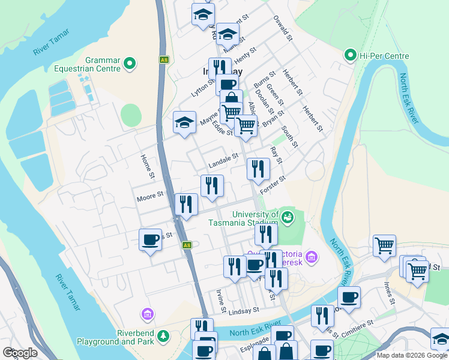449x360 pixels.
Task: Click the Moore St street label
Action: (150, 196)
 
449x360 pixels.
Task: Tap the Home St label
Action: (147, 166)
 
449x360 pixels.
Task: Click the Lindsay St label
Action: (243, 310)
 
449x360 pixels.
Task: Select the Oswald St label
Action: (282, 28)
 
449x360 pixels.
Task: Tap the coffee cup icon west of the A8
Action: (150, 240)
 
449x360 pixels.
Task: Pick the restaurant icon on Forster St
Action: (258, 169)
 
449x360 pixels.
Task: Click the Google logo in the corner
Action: (20, 352)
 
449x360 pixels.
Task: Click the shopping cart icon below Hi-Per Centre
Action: (384, 245)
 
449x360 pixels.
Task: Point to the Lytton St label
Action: (202, 88)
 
